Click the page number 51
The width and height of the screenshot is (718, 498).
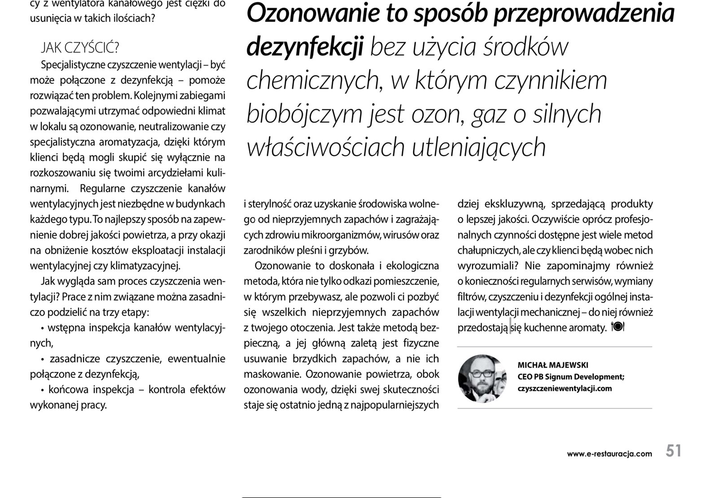click(x=673, y=450)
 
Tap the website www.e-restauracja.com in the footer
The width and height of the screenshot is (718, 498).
click(x=609, y=454)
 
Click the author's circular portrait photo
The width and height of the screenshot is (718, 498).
click(x=482, y=378)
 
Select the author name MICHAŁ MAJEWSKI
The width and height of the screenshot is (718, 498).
click(x=552, y=365)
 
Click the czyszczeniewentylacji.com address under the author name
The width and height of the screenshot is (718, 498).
click(x=565, y=389)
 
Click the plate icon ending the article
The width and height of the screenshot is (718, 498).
click(x=617, y=327)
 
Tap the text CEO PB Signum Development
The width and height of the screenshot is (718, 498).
click(x=570, y=377)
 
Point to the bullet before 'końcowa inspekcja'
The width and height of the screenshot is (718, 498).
click(x=42, y=390)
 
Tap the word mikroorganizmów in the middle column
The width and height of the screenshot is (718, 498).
click(x=327, y=235)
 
